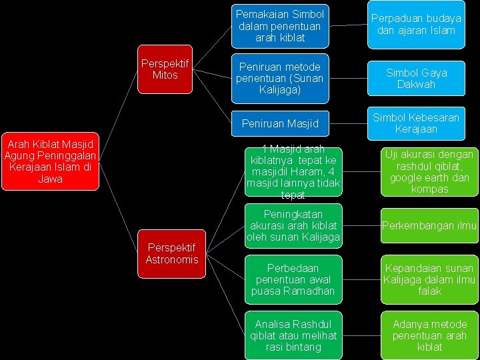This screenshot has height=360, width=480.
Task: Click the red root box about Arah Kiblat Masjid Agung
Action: pyautogui.click(x=51, y=161)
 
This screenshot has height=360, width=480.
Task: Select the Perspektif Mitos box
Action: pyautogui.click(x=165, y=69)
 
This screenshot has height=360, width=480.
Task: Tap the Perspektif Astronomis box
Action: pyautogui.click(x=171, y=254)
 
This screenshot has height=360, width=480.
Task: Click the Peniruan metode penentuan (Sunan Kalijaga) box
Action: pyautogui.click(x=279, y=78)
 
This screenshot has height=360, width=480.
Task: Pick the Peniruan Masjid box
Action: pyautogui.click(x=280, y=123)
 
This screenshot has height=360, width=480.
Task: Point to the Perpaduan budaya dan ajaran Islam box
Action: pyautogui.click(x=415, y=25)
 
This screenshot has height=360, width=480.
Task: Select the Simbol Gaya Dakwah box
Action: pyautogui.click(x=415, y=78)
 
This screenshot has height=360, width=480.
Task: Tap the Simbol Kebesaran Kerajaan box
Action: pyautogui.click(x=415, y=123)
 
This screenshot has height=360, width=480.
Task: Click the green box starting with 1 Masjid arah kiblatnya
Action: pyautogui.click(x=293, y=172)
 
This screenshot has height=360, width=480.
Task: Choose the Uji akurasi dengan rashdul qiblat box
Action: pyautogui.click(x=429, y=172)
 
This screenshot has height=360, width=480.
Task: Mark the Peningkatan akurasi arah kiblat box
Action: pyautogui.click(x=293, y=225)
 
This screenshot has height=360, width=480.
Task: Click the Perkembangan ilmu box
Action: pyautogui.click(x=429, y=225)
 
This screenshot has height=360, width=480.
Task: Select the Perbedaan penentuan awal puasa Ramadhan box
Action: pyautogui.click(x=293, y=279)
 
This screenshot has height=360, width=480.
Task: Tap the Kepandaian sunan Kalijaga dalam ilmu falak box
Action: pyautogui.click(x=429, y=279)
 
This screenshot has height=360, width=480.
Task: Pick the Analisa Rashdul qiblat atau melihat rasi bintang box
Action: pyautogui.click(x=293, y=335)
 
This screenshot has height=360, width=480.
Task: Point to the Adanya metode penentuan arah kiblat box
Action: pyautogui.click(x=429, y=335)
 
